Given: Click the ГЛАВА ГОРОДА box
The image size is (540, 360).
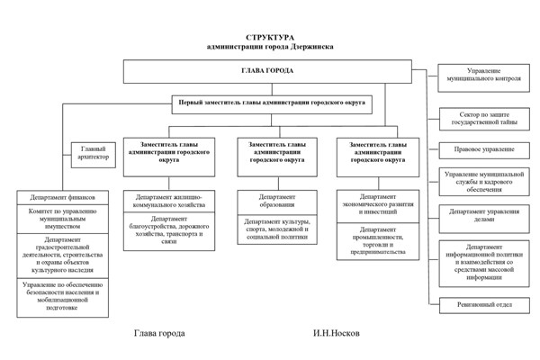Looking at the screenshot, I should click(266, 70).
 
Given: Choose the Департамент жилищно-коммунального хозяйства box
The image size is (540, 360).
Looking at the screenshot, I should click(169, 201).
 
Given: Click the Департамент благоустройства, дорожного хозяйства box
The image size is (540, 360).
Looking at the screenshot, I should click(169, 231).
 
